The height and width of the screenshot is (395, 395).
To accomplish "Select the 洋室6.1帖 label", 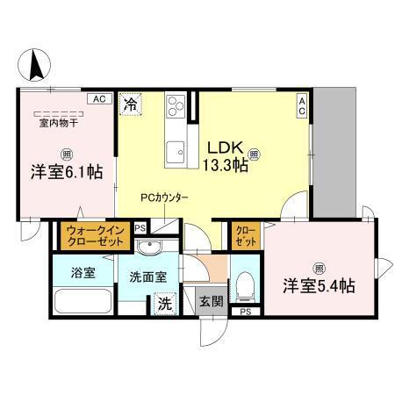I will (61, 172).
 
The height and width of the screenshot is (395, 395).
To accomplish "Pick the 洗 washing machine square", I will (164, 305).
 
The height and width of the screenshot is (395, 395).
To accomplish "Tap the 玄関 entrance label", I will (211, 302).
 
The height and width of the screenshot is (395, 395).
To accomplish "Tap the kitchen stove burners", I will (176, 106).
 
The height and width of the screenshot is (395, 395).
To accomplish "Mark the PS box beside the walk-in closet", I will (140, 228).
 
